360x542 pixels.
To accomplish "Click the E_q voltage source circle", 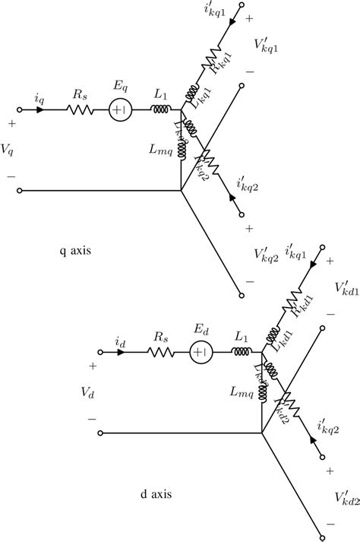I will pos(119,110).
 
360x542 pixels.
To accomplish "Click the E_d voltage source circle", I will pos(201,352).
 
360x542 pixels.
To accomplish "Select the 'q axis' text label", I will pos(75,248).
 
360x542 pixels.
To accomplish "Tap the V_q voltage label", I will pos(8,150).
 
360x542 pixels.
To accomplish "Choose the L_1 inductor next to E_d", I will pos(241,351).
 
